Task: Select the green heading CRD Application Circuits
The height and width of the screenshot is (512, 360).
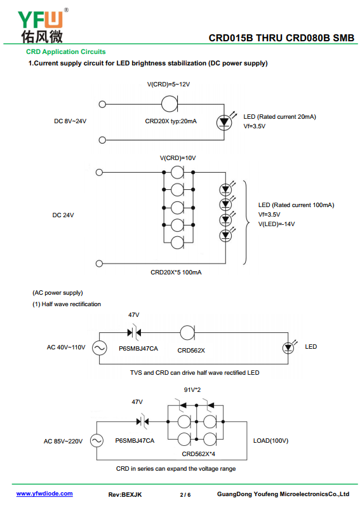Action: [x=66, y=51]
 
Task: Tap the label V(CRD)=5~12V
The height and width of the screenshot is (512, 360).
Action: [x=168, y=84]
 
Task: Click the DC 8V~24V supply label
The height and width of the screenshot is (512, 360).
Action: [x=70, y=121]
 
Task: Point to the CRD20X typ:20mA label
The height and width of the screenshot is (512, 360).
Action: [x=171, y=121]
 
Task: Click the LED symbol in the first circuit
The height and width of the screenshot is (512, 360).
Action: [x=224, y=123]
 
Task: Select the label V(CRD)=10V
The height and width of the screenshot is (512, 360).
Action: [x=178, y=158]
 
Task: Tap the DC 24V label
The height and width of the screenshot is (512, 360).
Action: [x=63, y=215]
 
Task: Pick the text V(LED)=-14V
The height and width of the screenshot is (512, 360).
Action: [x=276, y=224]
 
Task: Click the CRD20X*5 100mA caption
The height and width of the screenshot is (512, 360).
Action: [x=176, y=273]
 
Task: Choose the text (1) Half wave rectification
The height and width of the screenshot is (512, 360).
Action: [x=67, y=304]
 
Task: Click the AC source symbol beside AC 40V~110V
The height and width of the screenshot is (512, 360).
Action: [x=99, y=347]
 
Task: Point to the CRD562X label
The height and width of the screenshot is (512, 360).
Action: [x=191, y=351]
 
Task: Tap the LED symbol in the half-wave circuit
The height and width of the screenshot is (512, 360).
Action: [x=288, y=347]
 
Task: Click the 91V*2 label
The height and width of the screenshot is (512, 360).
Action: [x=192, y=389]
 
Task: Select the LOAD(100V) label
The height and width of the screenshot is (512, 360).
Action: [x=271, y=440]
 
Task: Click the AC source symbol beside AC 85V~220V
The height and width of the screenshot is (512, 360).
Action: [x=97, y=441]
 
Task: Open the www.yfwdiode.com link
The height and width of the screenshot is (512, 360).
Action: [x=44, y=494]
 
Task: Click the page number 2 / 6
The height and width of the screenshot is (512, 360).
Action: [x=185, y=495]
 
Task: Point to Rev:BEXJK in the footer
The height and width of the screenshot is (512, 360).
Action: [x=125, y=495]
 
